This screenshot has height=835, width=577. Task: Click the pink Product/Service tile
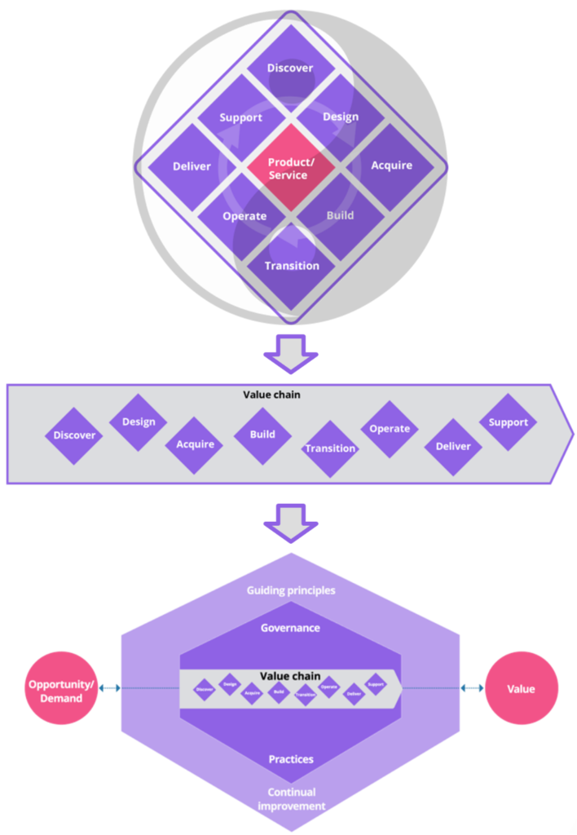289,168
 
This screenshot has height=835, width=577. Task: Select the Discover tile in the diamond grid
289,68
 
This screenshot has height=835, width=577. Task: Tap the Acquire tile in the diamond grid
391,166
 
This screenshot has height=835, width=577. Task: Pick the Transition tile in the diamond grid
292,266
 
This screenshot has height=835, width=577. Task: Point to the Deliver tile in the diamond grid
192,166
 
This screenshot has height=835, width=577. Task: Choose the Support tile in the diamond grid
240,118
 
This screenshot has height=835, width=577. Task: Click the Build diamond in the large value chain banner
262,435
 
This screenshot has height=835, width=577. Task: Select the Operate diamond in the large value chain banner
390,429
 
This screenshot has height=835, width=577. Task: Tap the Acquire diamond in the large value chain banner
196,444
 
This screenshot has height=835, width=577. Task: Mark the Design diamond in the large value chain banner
139,422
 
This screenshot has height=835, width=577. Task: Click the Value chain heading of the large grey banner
271,395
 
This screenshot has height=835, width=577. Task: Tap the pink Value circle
521,689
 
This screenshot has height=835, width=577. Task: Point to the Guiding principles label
291,590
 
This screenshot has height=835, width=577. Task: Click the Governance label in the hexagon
290,628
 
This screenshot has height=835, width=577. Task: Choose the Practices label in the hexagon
291,759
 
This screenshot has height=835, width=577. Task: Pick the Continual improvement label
291,799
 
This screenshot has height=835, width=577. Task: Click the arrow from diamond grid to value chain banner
288,351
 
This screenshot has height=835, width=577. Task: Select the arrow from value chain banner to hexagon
290,524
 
